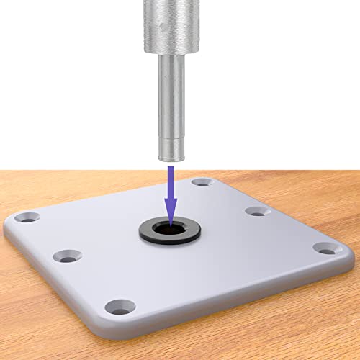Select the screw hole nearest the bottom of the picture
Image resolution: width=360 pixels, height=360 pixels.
[x=119, y=307]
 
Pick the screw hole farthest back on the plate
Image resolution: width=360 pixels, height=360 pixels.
[x=200, y=183]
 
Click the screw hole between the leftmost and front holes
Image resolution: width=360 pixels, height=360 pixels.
[x=68, y=256]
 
